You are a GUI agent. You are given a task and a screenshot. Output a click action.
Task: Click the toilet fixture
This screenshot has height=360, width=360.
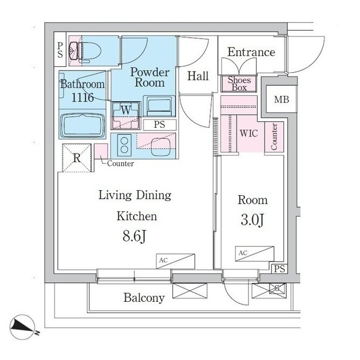pyautogui.click(x=85, y=51)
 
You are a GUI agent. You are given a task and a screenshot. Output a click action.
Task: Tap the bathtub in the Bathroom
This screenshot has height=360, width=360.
pyautogui.click(x=82, y=126)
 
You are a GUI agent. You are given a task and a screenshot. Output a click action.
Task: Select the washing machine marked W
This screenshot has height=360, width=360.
pyautogui.click(x=126, y=116)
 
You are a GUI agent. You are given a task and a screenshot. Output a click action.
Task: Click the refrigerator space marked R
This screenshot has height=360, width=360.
pyautogui.click(x=77, y=158)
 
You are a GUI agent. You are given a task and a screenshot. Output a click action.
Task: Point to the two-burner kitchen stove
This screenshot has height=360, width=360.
pyautogui.click(x=124, y=146)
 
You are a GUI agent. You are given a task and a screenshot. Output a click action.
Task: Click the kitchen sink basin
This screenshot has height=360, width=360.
pyautogui.click(x=161, y=146)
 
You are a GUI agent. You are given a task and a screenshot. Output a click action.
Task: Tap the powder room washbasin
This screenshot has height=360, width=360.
pyautogui.click(x=159, y=106)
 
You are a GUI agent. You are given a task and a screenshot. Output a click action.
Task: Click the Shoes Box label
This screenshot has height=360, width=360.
pyautogui.click(x=239, y=84)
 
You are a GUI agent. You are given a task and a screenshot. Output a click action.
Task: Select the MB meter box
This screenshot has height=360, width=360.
pyautogui.click(x=281, y=99)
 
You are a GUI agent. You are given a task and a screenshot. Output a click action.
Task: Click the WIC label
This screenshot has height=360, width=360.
pyautogui.click(x=249, y=134)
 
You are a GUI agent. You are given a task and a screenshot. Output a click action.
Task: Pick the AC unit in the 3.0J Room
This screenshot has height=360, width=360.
pyautogui.click(x=254, y=254)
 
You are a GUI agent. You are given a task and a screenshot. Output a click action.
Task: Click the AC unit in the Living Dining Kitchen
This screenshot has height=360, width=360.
pyautogui.click(x=175, y=261)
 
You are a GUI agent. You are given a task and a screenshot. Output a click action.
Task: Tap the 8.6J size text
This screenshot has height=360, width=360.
pyautogui.click(x=134, y=236)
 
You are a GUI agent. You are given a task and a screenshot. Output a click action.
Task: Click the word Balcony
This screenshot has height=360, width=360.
pyautogui.click(x=144, y=298)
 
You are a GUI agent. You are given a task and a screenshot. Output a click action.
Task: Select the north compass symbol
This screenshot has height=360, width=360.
pyautogui.click(x=23, y=327)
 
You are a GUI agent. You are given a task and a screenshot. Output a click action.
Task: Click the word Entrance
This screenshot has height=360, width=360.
pyautogui.click(x=251, y=52)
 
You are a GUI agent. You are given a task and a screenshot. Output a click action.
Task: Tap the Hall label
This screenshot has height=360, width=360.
pyautogui.click(x=198, y=76)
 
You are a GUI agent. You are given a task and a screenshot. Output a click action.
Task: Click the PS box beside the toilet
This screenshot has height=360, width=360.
pyautogui.click(x=60, y=50)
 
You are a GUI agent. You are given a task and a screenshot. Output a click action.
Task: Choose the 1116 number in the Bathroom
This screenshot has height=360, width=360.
pyautogui.click(x=82, y=98)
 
